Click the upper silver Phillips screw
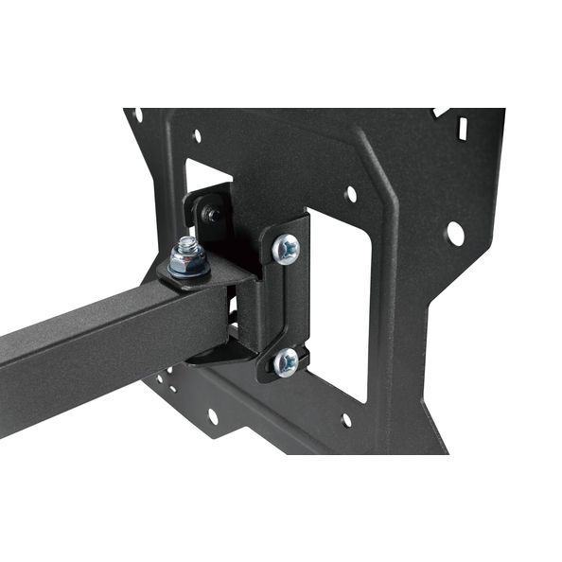pyautogui.click(x=286, y=250)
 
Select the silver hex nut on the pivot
pyautogui.click(x=189, y=257)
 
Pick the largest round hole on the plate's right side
pyautogui.click(x=455, y=232)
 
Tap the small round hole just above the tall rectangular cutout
pyautogui.click(x=351, y=194)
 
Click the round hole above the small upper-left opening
pyautogui.click(x=197, y=136)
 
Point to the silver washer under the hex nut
pyautogui.click(x=190, y=270)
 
